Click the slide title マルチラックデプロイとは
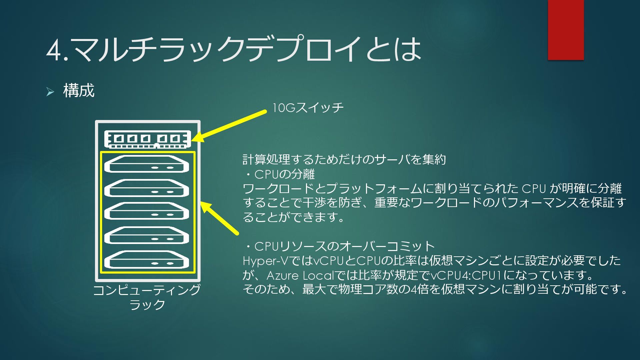(x=247, y=49)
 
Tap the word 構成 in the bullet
(x=79, y=91)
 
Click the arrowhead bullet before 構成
(x=50, y=92)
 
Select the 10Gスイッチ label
(x=308, y=108)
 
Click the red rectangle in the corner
(x=566, y=30)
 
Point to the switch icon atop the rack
(x=147, y=139)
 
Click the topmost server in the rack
(x=147, y=164)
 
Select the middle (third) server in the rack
(x=147, y=211)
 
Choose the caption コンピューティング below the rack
(x=147, y=290)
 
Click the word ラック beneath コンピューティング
(x=147, y=305)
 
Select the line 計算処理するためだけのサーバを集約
(x=344, y=160)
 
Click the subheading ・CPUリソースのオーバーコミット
(x=339, y=246)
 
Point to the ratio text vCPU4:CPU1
(x=466, y=276)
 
